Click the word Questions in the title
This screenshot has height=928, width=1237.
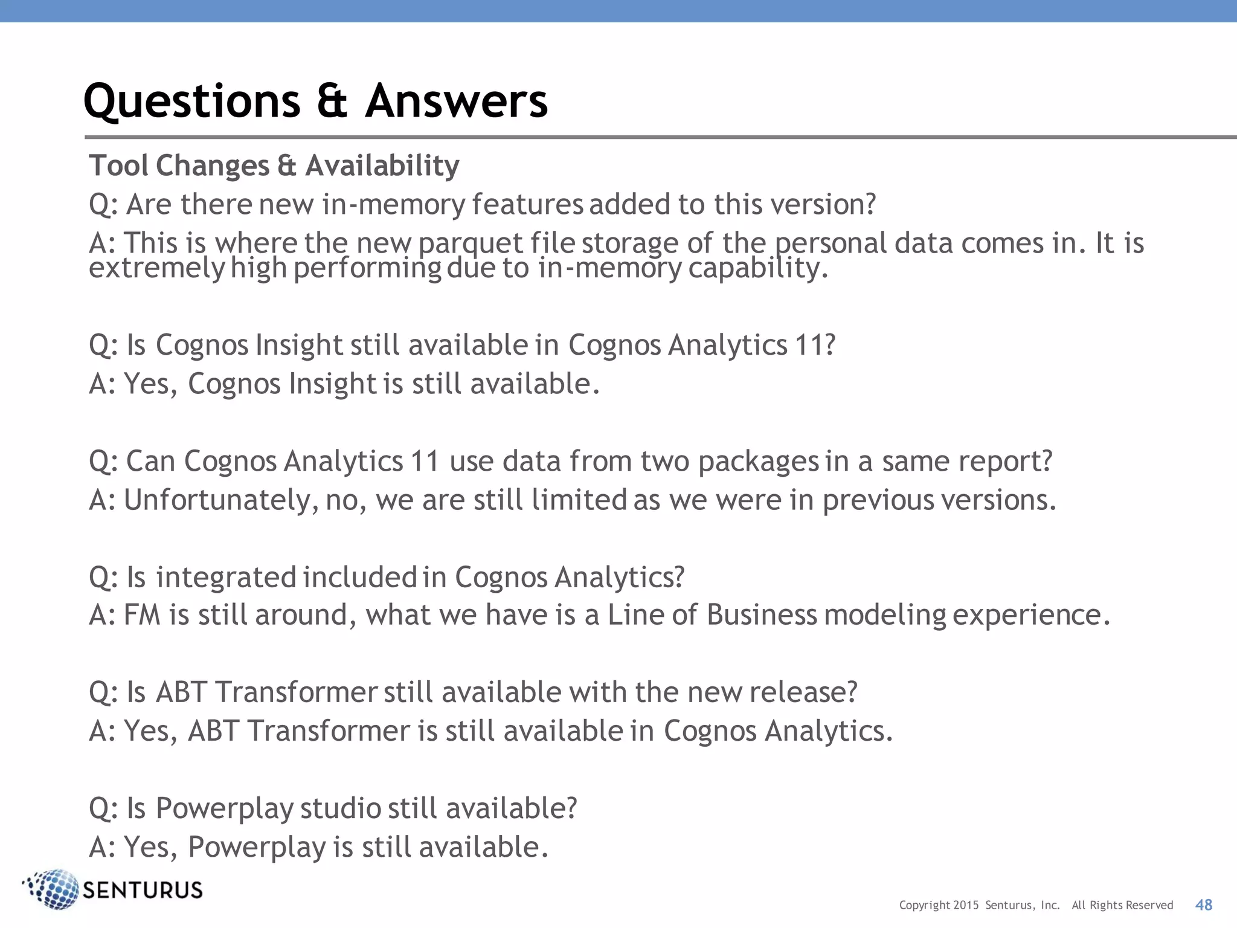pos(191,101)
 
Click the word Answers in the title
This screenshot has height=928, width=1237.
pos(457,101)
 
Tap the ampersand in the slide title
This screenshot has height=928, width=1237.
pos(332,101)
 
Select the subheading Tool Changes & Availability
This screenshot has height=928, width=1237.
pos(274,166)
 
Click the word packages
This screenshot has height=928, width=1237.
pos(759,461)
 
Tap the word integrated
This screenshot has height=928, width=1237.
pos(226,577)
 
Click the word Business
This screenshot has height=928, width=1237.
pos(762,615)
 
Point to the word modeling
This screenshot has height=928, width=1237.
pos(885,616)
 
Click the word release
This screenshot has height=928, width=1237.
pos(803,692)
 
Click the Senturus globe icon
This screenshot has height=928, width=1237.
pos(53,889)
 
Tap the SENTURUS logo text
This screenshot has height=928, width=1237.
pos(143,891)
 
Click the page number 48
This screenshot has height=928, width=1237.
pos(1204,904)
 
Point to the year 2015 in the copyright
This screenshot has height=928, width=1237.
pos(966,905)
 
